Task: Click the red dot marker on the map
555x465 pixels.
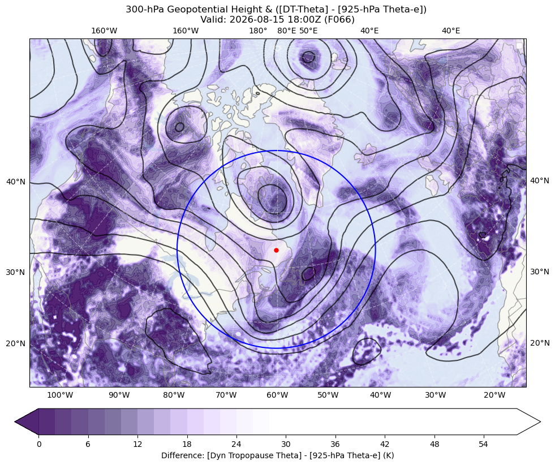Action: click(276, 250)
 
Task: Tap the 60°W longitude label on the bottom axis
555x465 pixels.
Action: click(277, 395)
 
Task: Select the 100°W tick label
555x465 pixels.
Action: click(60, 395)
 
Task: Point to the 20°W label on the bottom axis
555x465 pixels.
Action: click(494, 395)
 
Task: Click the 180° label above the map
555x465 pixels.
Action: click(258, 31)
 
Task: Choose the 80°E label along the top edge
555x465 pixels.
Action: click(287, 31)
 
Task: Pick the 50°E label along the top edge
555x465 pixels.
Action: click(308, 31)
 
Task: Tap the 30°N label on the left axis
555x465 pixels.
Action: click(16, 272)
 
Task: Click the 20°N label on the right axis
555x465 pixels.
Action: click(539, 343)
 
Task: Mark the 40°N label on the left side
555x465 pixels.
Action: click(16, 182)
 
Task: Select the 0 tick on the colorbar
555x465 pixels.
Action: click(38, 444)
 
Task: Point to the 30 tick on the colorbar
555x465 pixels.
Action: click(286, 444)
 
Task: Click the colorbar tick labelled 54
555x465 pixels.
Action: click(484, 444)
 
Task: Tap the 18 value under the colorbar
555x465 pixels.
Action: click(187, 444)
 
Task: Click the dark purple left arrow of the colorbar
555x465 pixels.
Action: click(27, 421)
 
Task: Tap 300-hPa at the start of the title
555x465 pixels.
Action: click(145, 9)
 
